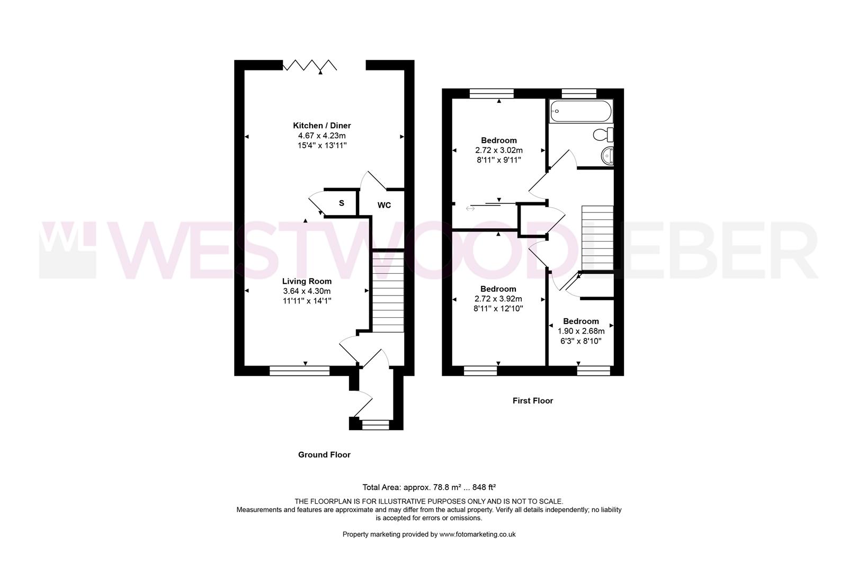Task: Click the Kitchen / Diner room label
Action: click(322, 126)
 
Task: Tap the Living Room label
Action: click(307, 281)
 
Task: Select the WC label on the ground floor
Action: click(384, 205)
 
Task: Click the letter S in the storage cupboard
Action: click(341, 203)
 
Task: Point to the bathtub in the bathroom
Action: click(580, 111)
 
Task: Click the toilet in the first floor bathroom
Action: click(603, 135)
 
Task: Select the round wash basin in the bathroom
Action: click(607, 156)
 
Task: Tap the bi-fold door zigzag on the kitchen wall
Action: click(309, 65)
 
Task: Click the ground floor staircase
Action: click(388, 292)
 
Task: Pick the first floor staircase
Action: click(597, 238)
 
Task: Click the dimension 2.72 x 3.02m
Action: click(499, 150)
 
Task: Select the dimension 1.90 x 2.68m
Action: click(580, 331)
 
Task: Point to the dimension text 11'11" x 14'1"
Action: click(307, 301)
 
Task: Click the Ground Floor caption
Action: click(324, 455)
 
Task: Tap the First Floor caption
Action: click(533, 401)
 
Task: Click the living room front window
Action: click(300, 371)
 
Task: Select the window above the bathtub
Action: click(579, 94)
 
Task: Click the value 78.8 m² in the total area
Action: click(447, 487)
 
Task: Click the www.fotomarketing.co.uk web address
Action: click(477, 534)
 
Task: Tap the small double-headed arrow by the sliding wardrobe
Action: click(470, 209)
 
